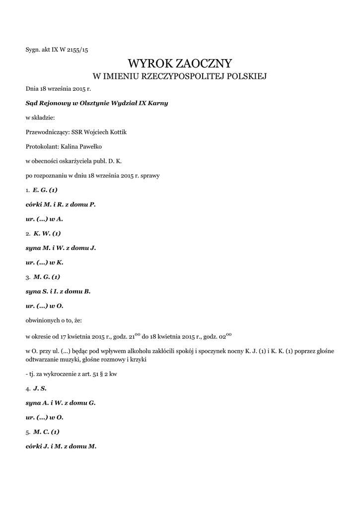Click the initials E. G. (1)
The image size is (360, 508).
coord(45,190)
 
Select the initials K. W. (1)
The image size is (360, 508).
coord(47,233)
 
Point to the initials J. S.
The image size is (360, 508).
coord(40,388)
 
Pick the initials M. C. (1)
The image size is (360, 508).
coord(46,432)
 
